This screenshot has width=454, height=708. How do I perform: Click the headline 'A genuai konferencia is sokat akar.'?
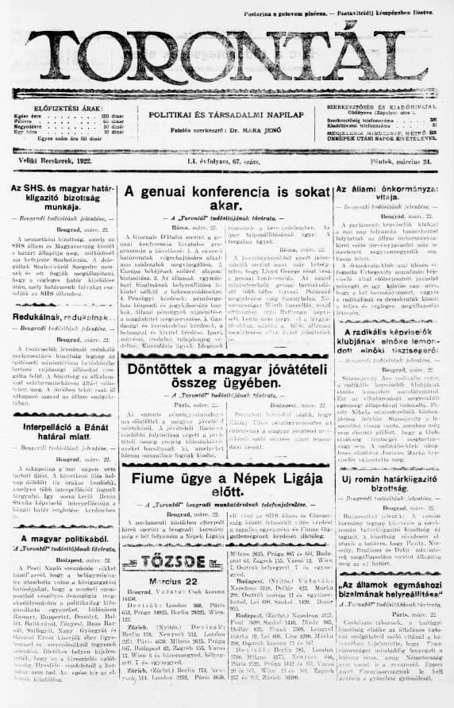(x=225, y=198)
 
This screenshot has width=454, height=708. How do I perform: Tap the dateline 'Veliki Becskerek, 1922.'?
(x=55, y=161)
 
